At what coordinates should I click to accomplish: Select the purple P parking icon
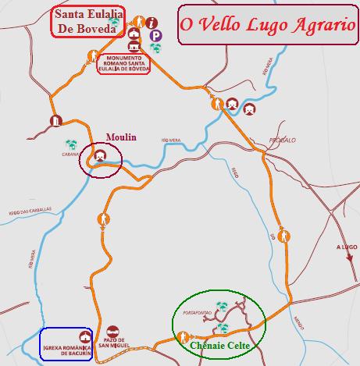click(156, 36)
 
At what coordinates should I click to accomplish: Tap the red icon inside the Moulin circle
click(100, 156)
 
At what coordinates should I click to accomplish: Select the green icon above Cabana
click(71, 144)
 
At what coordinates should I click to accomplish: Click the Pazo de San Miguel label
click(115, 345)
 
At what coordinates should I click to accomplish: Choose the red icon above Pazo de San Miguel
click(114, 331)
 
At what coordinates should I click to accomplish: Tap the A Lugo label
click(345, 247)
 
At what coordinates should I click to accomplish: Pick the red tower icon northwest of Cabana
click(55, 120)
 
